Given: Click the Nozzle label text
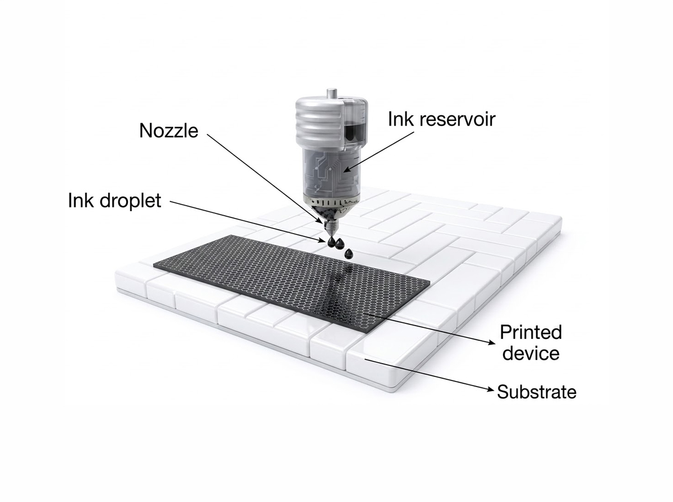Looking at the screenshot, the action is [x=169, y=131].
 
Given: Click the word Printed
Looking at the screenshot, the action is [x=531, y=332].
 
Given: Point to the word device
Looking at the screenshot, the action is [x=531, y=353].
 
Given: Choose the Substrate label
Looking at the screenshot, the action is [x=537, y=392].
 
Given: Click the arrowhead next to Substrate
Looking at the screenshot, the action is [x=491, y=389].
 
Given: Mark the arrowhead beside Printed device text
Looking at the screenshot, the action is [x=491, y=343].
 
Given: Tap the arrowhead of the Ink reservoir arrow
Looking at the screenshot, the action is [x=347, y=169].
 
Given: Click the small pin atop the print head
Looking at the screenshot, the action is [x=331, y=93].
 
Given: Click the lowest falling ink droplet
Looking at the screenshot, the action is [x=349, y=253].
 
